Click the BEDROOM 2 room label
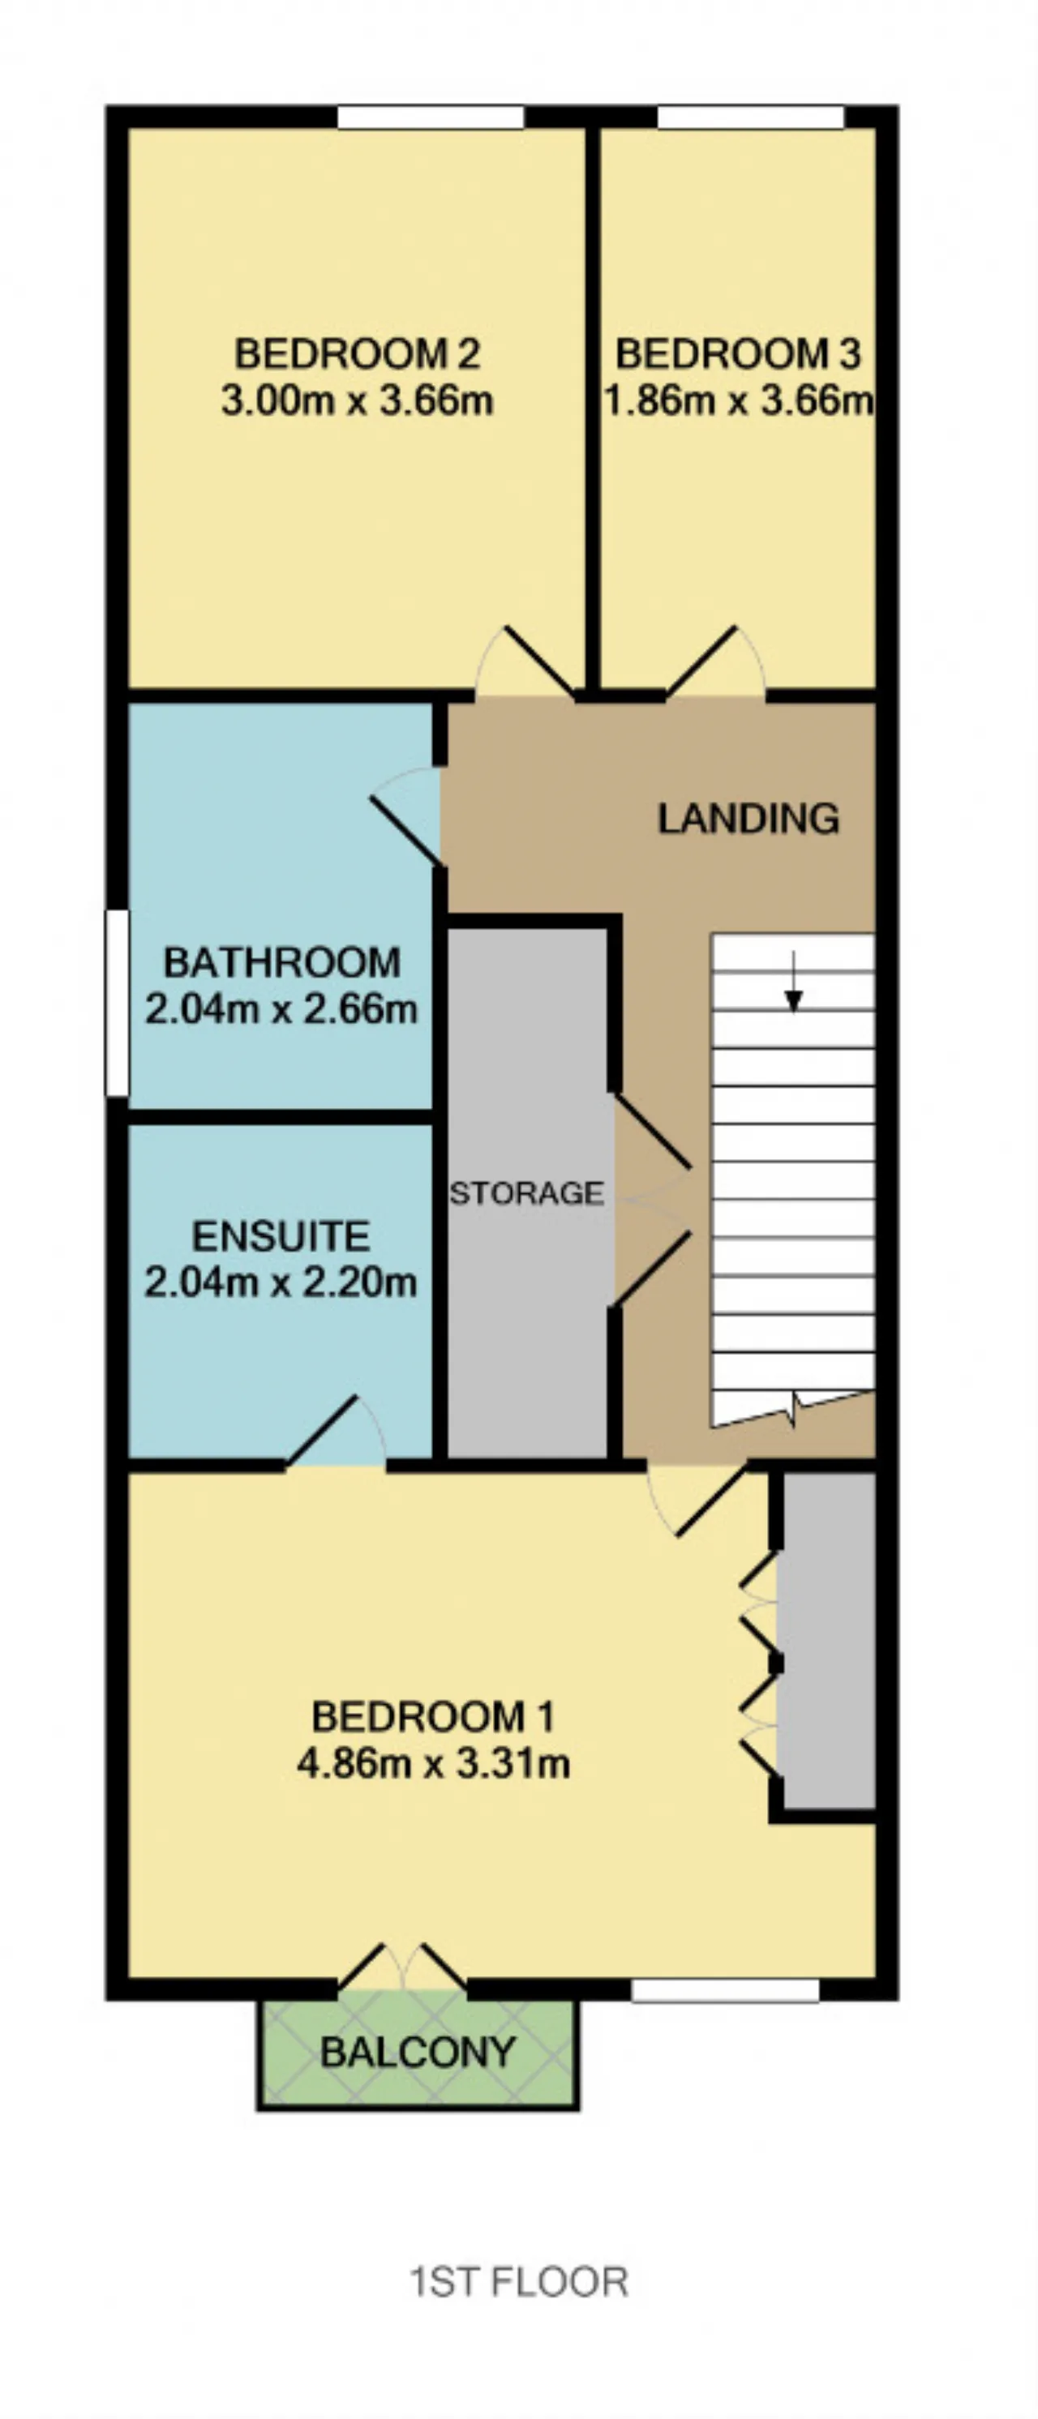tap(357, 354)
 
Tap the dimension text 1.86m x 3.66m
tap(738, 401)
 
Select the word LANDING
tap(748, 818)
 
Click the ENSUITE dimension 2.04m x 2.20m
tap(281, 1282)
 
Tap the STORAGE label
tap(527, 1192)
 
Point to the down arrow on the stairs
tap(794, 983)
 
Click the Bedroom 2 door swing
tap(526, 662)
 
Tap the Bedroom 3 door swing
tap(716, 662)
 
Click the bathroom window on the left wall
tap(117, 1003)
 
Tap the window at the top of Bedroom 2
tap(431, 117)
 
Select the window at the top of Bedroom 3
tap(751, 117)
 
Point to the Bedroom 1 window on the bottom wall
tap(725, 1990)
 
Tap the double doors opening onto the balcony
tap(402, 1967)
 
